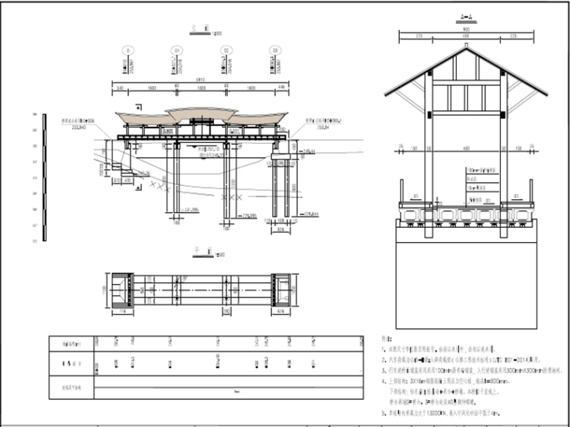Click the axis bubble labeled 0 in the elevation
[x=129, y=51]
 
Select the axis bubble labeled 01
[x=178, y=51]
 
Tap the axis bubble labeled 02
[x=225, y=51]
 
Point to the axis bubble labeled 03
[x=274, y=51]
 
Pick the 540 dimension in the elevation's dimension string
[x=119, y=88]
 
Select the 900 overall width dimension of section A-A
[x=465, y=31]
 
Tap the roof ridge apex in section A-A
[x=466, y=46]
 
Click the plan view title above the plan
[x=200, y=255]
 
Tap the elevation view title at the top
[x=199, y=32]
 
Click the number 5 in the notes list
[x=383, y=411]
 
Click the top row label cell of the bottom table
[x=70, y=343]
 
